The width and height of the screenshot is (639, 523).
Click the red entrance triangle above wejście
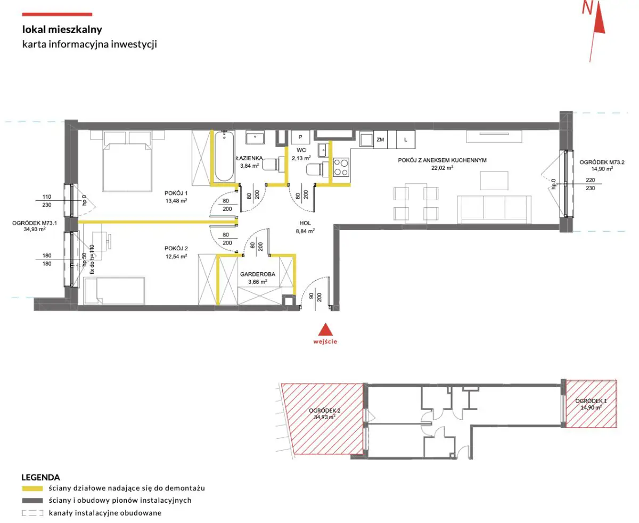point(325,329)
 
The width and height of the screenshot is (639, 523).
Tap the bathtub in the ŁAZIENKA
point(224,157)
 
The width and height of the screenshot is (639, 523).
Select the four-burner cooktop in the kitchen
point(341,168)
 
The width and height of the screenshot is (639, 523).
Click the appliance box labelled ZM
point(380,140)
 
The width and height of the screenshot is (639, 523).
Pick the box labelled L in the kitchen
point(405,140)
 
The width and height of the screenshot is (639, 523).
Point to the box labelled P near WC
point(300,137)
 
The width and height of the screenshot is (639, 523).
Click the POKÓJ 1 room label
point(176,193)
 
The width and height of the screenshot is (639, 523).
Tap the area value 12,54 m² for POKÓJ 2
point(176,256)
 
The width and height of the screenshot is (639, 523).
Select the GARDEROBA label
point(258,274)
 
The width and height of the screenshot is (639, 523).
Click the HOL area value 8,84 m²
point(305,231)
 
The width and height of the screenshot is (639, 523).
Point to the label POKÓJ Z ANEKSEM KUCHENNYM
point(442,160)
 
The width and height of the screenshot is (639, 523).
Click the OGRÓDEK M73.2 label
point(602,162)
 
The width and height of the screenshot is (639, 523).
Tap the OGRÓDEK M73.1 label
point(35,223)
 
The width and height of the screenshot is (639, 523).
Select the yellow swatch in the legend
point(32,488)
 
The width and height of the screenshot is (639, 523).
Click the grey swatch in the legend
point(32,501)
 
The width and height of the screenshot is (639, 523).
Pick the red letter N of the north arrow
point(587,8)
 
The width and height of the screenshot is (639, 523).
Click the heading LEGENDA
point(40,477)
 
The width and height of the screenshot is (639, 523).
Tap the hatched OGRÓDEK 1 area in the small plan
point(591,404)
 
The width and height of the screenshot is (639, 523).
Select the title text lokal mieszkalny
point(62,29)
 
